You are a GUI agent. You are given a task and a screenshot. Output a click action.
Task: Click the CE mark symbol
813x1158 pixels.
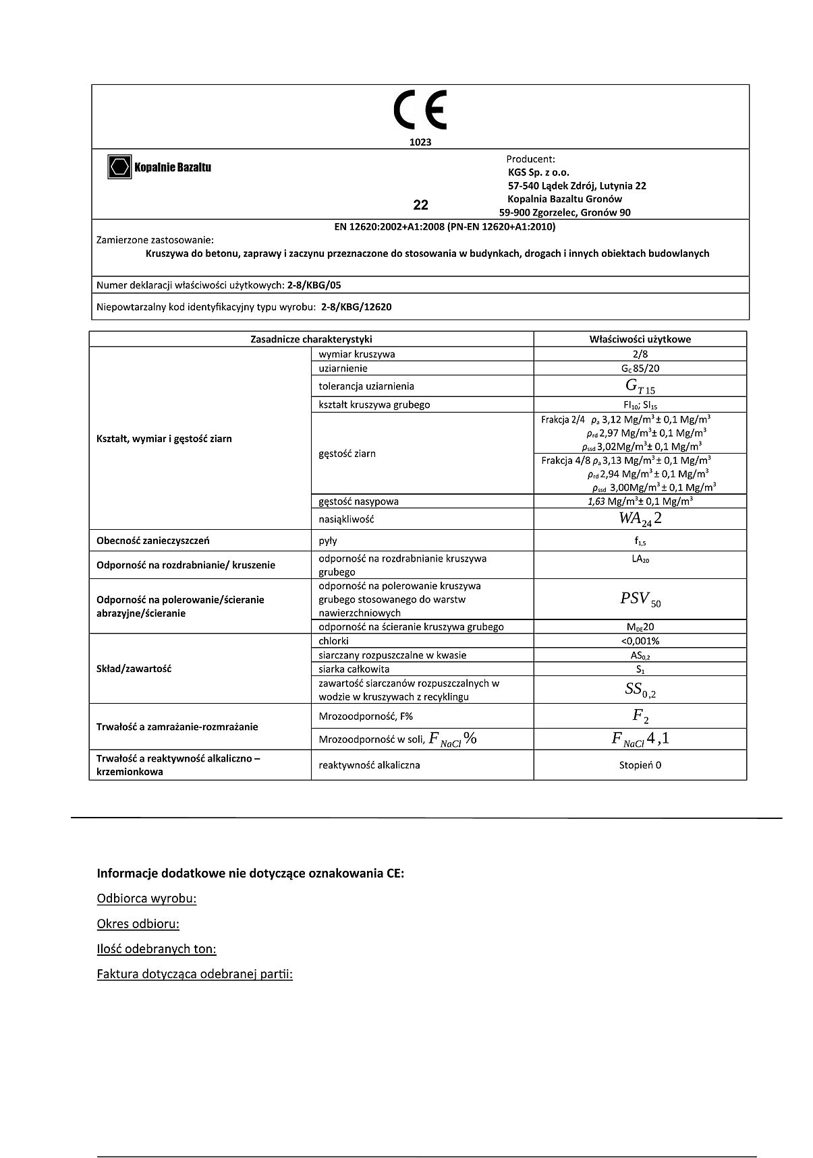coord(420,111)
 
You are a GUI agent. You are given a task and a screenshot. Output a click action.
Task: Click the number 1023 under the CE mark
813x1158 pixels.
coord(420,142)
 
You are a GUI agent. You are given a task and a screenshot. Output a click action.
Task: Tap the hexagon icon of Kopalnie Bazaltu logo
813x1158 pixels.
coord(119,166)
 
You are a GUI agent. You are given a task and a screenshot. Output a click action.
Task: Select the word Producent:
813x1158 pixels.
coord(530,159)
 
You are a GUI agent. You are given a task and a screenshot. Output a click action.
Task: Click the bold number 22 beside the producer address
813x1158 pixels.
coord(420,205)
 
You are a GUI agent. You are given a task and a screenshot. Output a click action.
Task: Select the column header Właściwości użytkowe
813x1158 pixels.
coord(640,339)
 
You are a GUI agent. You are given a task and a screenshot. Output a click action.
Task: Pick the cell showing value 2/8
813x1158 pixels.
coord(640,354)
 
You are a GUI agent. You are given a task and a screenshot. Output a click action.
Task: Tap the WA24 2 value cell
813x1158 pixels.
coord(640,519)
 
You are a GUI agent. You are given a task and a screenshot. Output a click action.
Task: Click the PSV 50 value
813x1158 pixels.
coord(640,599)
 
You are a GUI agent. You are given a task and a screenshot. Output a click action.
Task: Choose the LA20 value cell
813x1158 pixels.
coord(640,559)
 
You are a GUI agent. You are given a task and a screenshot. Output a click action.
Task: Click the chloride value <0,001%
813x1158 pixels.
coord(640,641)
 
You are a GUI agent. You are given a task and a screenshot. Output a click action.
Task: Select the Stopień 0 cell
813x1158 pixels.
coord(640,765)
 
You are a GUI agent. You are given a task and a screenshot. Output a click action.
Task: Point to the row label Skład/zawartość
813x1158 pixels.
coord(134,669)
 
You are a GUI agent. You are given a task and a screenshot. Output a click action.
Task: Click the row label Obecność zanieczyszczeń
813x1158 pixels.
coord(153,540)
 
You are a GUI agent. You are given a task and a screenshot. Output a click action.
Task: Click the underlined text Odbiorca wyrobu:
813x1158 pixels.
coord(146,898)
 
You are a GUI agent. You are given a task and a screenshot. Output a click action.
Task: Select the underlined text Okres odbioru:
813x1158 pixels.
coord(138,923)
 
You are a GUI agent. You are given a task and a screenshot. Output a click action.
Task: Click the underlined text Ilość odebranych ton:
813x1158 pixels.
coord(157,949)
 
